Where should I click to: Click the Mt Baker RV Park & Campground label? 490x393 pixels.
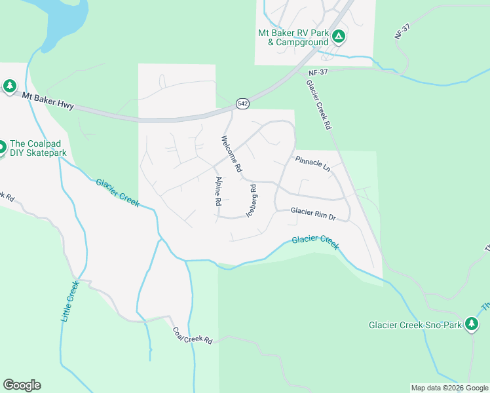(293, 37)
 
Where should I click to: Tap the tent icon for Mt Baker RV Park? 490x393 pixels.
(338, 37)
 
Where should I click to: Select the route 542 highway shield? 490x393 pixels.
(242, 103)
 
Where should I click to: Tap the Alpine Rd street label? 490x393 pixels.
(219, 191)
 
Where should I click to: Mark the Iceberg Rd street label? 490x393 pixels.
(251, 200)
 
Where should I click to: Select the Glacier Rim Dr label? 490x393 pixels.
(313, 213)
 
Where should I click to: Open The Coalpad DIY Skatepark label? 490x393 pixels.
(38, 149)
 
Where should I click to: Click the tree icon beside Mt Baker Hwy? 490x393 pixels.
(9, 86)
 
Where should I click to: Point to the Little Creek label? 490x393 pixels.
(69, 301)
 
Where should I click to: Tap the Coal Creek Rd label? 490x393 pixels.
(193, 335)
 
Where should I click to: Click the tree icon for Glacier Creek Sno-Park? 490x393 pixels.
(471, 324)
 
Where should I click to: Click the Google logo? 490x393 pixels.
(22, 384)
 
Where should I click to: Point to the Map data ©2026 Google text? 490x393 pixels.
(449, 388)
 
